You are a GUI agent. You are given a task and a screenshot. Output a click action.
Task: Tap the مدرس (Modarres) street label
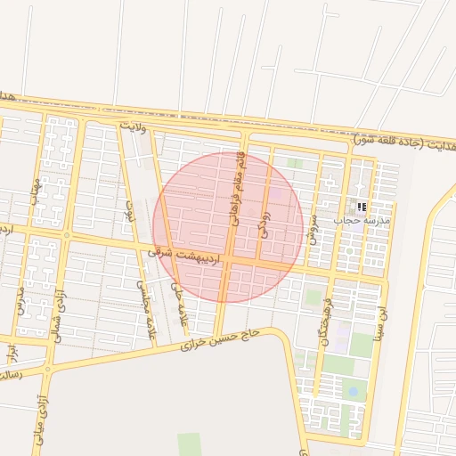click(x=19, y=302)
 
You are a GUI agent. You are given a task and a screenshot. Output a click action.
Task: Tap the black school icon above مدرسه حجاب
click(x=362, y=206)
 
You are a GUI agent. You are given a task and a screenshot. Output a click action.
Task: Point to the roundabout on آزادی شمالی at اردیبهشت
click(x=67, y=235)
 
